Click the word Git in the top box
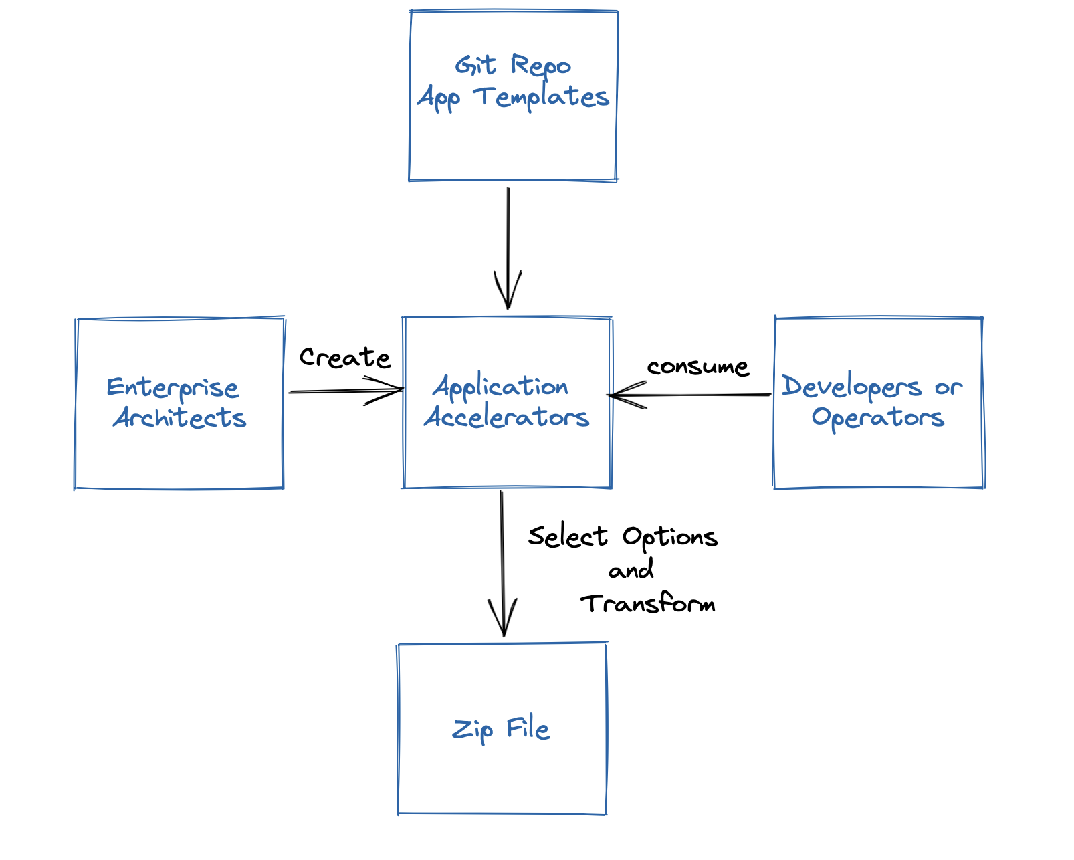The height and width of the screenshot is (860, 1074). pos(475,66)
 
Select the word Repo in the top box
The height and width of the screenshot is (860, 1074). pos(540,67)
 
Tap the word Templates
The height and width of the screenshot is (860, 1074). pos(541,98)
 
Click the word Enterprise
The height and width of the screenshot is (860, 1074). pos(173,389)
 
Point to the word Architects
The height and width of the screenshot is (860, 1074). pos(180,417)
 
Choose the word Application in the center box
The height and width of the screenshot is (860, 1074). pos(501,387)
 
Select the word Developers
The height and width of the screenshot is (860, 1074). pos(851,387)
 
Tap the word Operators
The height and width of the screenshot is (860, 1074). pos(878,418)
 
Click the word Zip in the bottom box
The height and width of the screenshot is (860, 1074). pos(472,730)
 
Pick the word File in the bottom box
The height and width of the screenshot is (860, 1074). pos(528,728)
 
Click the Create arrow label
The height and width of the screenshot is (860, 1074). pos(345,358)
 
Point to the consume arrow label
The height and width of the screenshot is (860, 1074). pos(698,367)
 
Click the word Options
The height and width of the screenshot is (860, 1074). pos(670,538)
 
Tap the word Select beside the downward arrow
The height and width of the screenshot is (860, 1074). pos(568,536)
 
